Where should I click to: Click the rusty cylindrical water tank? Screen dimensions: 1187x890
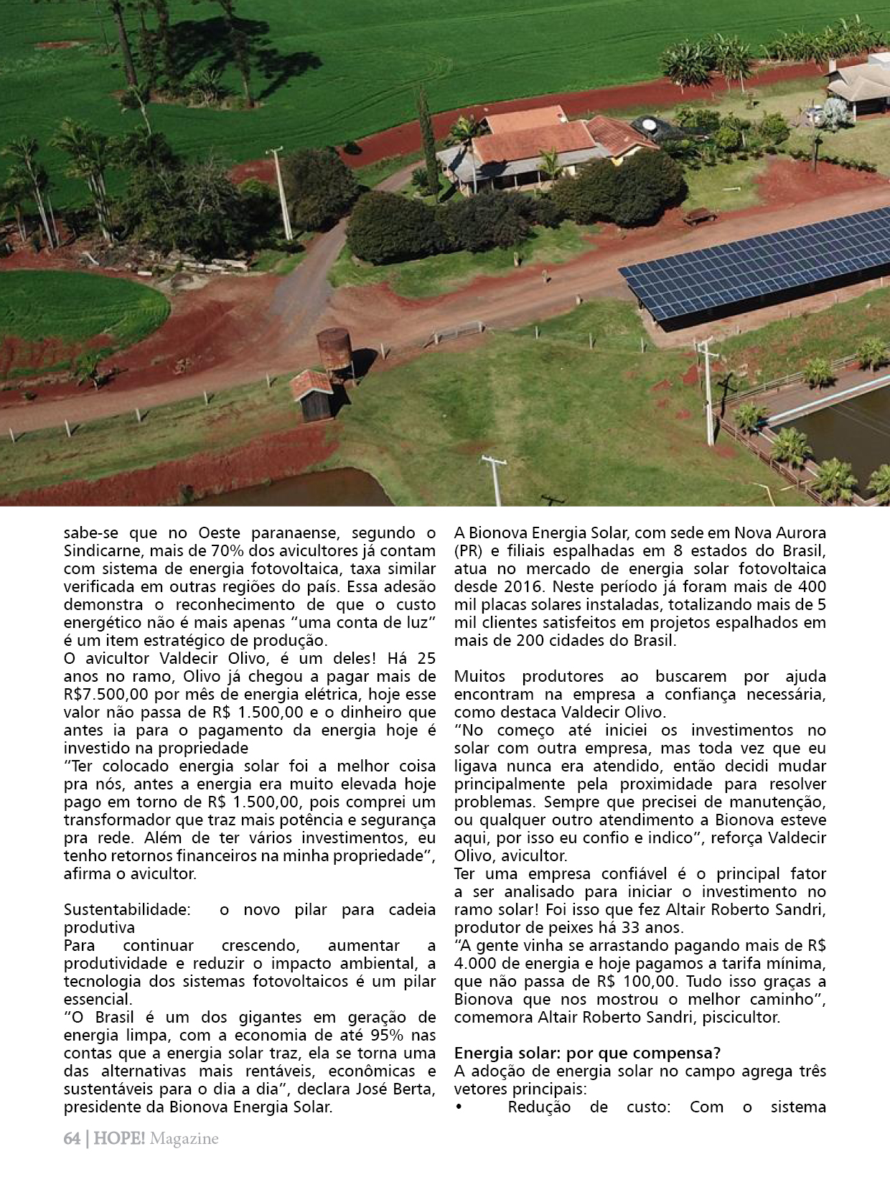(x=334, y=349)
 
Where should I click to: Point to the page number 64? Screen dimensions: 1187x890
(x=72, y=1139)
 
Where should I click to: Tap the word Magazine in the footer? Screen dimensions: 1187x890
(x=184, y=1139)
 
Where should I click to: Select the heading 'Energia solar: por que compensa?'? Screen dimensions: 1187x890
(x=587, y=1053)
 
